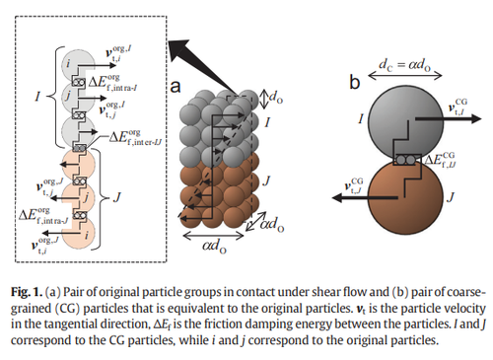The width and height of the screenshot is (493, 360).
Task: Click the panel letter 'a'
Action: point(176,87)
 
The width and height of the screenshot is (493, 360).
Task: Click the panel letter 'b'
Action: point(355,82)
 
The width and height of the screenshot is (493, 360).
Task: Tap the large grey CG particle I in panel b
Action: point(405,122)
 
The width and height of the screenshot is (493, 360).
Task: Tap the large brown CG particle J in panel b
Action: point(405,197)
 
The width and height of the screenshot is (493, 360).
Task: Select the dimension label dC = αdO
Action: point(405,64)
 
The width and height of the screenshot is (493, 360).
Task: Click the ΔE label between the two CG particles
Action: point(441,160)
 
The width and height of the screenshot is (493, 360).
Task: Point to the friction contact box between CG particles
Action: point(407,160)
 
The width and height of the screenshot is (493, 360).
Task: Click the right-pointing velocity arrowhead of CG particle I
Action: point(475,118)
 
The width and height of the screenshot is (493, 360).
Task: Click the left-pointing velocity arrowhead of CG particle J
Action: point(338,198)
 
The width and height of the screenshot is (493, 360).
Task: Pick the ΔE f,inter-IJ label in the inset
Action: point(135,137)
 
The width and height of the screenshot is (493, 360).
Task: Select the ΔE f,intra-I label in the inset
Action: point(112,82)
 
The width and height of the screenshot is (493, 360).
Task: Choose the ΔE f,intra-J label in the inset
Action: point(43,216)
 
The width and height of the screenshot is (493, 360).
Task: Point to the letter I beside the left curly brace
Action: point(38,97)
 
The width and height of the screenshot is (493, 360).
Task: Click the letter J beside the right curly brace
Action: point(116,197)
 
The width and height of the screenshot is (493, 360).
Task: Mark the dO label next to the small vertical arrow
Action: point(276,98)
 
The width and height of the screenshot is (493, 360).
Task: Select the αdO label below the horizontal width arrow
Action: point(214,246)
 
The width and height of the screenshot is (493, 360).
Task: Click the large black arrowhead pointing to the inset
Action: point(179,49)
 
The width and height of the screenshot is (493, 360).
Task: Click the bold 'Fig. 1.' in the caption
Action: point(27,292)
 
